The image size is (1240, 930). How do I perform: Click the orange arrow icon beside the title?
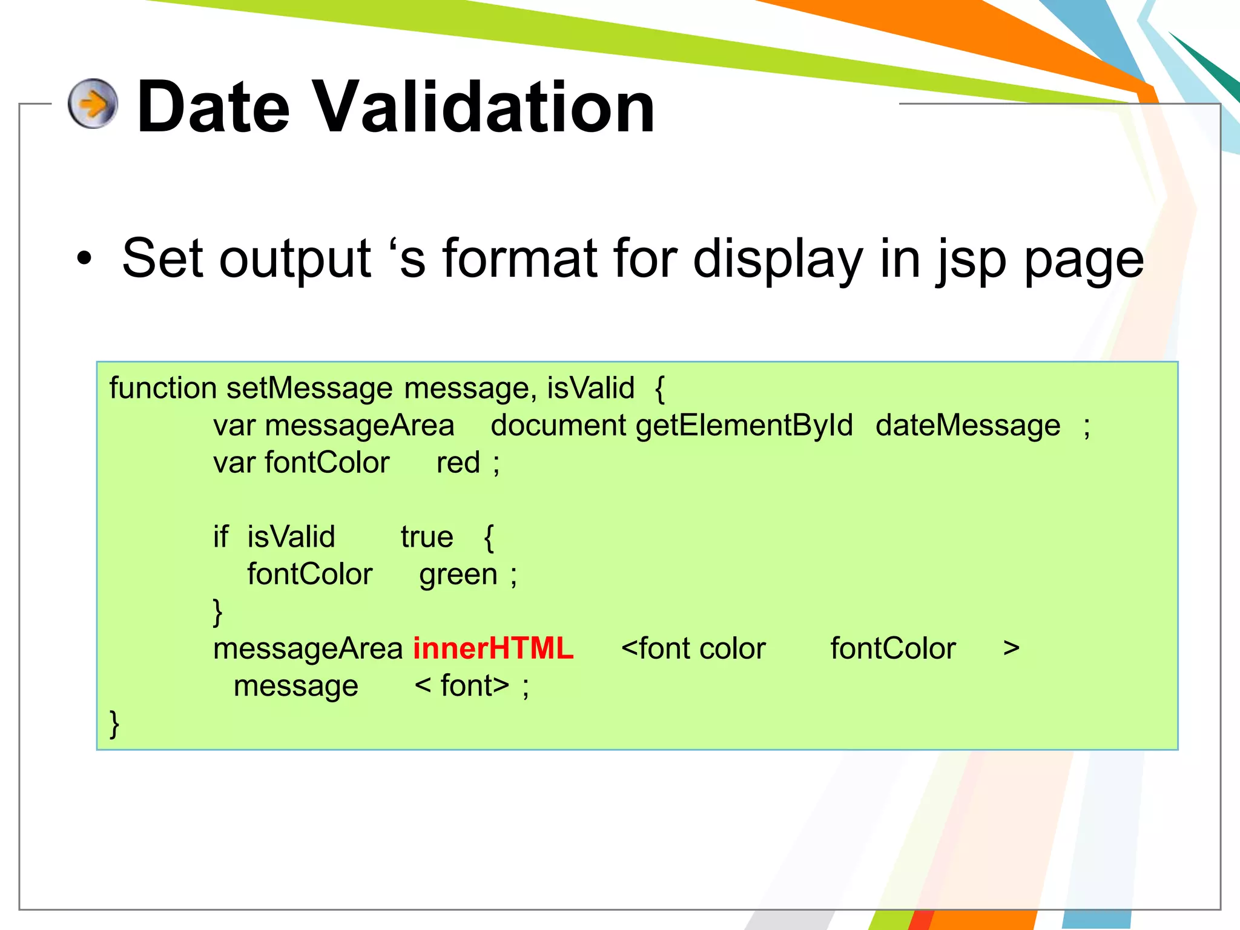93,104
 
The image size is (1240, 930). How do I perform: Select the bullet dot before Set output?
84,259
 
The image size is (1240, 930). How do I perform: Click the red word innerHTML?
493,648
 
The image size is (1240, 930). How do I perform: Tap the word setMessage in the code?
309,388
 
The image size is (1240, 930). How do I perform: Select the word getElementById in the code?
744,426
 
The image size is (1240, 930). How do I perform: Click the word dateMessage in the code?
968,426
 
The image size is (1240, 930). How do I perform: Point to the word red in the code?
458,463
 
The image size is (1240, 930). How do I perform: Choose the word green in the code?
458,575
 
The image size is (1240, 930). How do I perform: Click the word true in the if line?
427,537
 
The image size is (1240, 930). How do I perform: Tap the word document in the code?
558,426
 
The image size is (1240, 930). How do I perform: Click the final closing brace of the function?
114,724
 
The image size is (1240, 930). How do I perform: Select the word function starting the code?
163,388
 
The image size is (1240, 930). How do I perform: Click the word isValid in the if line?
291,537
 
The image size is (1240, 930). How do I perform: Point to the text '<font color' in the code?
693,648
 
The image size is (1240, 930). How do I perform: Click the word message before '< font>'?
295,686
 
